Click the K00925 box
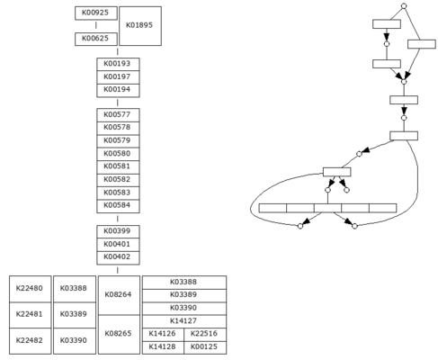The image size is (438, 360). [x=96, y=13]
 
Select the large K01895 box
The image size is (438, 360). [x=140, y=26]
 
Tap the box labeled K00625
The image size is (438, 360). [x=96, y=39]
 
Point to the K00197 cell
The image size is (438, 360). [x=118, y=77]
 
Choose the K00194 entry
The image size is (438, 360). [x=118, y=90]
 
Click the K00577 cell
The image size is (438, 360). [x=118, y=115]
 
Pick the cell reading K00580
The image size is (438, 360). [x=118, y=154]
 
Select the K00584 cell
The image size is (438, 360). [x=118, y=206]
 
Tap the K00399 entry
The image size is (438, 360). [x=118, y=231]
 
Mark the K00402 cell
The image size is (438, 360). [x=118, y=257]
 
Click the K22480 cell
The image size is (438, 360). [x=31, y=289]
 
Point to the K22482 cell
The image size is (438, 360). [x=31, y=341]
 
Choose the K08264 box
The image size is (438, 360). [x=119, y=295]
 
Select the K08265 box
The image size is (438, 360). [x=119, y=334]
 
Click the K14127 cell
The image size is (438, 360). [x=184, y=321]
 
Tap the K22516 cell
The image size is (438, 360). [x=205, y=334]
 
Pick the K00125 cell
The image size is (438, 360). [x=205, y=347]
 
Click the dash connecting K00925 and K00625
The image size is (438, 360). [x=96, y=25]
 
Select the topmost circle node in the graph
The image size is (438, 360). [x=404, y=6]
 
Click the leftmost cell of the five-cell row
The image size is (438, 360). [x=273, y=208]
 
